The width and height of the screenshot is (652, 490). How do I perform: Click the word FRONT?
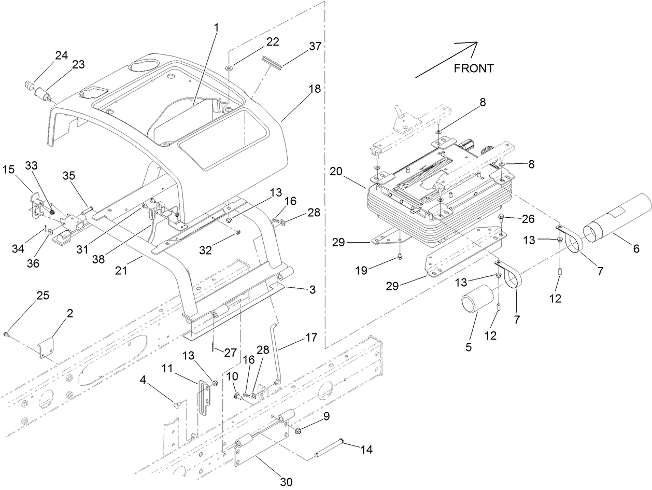point(474,68)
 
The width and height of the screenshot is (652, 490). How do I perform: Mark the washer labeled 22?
point(229,67)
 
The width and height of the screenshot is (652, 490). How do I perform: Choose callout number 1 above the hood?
point(216,26)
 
